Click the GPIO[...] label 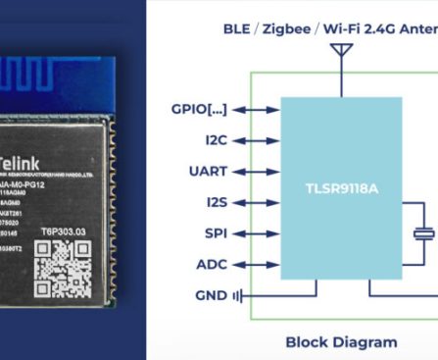pos(199,110)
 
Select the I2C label pos(216,140)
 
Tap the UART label pos(208,172)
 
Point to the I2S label pos(216,202)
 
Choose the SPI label pos(216,232)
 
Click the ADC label pos(212,264)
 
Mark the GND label pos(211,294)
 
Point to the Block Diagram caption pos(341,342)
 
